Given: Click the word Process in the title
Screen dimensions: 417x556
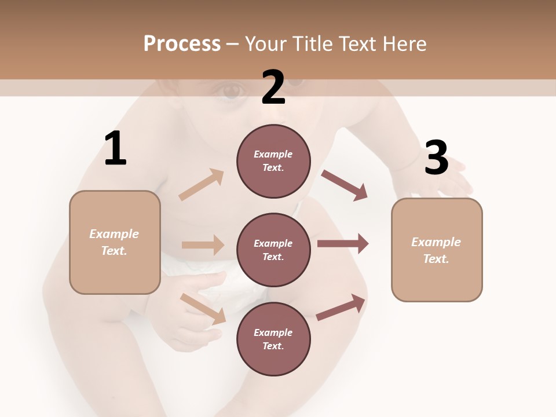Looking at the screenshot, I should (x=182, y=44).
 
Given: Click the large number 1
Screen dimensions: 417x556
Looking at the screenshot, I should (x=115, y=149).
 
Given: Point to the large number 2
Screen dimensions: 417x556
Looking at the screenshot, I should (x=273, y=87).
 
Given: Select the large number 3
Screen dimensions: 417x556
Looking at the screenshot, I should (x=436, y=158).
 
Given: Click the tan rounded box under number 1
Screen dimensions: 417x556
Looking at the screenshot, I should (x=115, y=242).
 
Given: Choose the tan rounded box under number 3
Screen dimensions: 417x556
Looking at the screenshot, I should (x=437, y=250).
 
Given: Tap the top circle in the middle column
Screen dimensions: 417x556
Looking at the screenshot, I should (x=273, y=161).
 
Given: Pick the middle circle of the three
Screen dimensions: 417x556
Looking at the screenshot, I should (x=273, y=250).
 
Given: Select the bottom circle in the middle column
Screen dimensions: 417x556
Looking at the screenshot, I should (x=273, y=339).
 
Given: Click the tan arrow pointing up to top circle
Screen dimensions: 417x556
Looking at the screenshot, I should (x=202, y=185).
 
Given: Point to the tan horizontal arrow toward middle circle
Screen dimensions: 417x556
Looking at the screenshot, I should (x=203, y=245).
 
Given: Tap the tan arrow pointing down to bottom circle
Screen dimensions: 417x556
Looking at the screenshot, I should (x=203, y=308).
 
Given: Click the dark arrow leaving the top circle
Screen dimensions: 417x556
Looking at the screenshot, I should (x=344, y=185).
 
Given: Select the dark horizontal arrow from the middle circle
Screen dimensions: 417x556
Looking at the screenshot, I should (x=342, y=244).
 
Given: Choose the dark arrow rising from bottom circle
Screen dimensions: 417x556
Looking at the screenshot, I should (x=341, y=308).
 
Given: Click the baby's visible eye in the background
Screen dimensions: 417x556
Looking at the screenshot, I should (x=232, y=91).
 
